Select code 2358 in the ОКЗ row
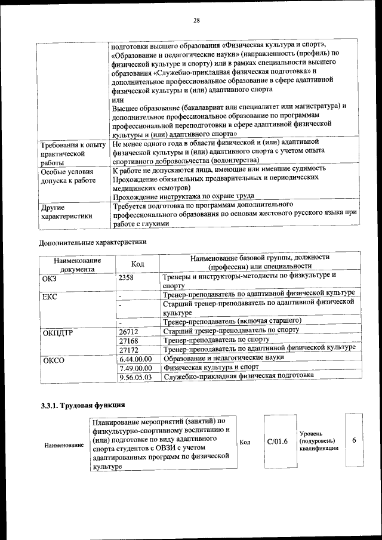(x=126, y=277)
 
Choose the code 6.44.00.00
(x=135, y=359)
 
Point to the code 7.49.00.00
(x=135, y=368)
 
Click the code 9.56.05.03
(x=135, y=377)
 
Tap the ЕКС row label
(x=50, y=297)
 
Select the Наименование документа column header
(x=77, y=264)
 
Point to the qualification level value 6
(x=354, y=440)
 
